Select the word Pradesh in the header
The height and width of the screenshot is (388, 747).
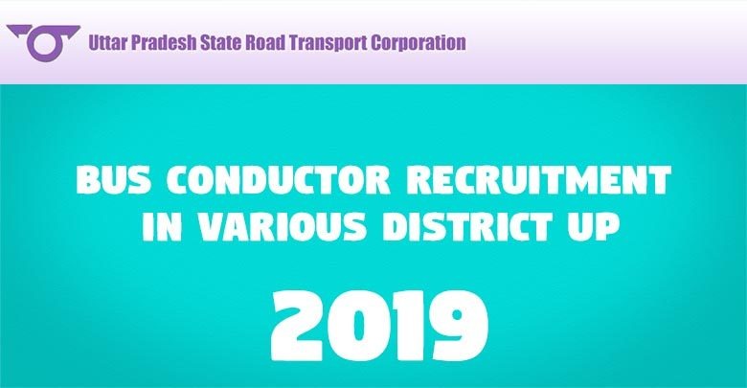point(163,42)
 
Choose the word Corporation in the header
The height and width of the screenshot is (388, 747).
point(419,43)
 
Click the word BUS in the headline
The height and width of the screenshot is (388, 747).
point(114,180)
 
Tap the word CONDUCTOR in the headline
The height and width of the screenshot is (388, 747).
point(279,180)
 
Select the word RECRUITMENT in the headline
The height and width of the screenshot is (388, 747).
point(539,180)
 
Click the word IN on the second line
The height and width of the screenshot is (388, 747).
point(162,226)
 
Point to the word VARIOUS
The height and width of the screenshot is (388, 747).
point(282,226)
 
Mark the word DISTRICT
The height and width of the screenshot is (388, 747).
point(467,226)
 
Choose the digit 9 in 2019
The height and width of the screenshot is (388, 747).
point(458,325)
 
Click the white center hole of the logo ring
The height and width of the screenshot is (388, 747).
point(44,44)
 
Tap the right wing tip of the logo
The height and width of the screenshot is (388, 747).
point(79,26)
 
